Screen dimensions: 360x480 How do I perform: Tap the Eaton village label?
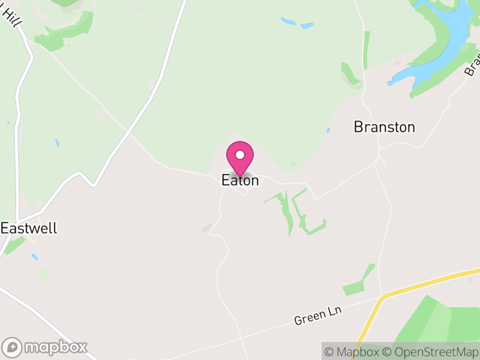tap(240, 180)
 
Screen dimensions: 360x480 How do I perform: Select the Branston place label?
tap(384, 127)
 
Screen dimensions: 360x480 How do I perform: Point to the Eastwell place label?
tap(29, 229)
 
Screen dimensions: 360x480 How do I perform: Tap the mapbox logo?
tap(46, 347)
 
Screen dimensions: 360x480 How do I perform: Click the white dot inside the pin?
tap(240, 155)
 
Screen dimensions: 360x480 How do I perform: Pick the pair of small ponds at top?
tap(296, 23)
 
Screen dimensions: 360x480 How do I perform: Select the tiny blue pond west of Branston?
tap(328, 130)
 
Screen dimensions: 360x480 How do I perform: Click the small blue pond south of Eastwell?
tap(35, 257)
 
